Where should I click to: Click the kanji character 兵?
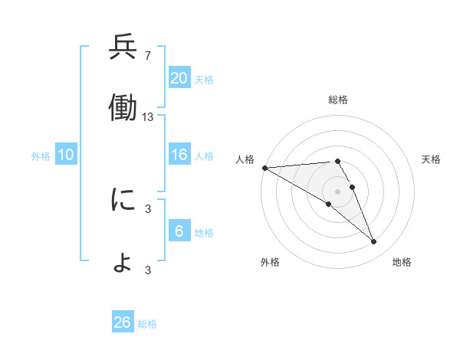(123, 48)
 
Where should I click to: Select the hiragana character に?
(123, 200)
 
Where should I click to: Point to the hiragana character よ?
(123, 263)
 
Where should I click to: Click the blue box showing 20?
(179, 78)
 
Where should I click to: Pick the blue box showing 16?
(179, 155)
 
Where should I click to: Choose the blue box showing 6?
(179, 231)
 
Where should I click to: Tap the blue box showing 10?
(66, 155)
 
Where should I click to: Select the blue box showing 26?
(123, 322)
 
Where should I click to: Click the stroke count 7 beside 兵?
(148, 56)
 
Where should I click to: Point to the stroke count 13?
(148, 117)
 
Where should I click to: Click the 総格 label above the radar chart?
(338, 100)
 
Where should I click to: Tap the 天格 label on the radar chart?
(432, 159)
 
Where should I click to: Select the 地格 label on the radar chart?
(402, 262)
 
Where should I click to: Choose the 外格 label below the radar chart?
(270, 262)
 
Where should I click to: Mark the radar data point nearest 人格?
(264, 168)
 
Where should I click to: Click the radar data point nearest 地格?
(374, 242)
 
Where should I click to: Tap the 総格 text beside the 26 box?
(147, 324)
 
